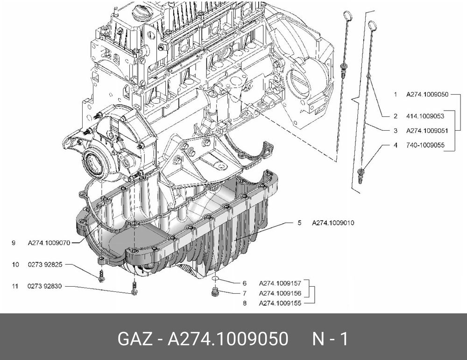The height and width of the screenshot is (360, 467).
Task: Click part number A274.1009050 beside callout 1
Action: tap(427, 95)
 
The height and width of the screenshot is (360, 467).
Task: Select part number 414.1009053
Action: tap(425, 116)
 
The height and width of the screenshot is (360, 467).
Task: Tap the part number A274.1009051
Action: tap(427, 131)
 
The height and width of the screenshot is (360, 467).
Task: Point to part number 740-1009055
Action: tap(425, 145)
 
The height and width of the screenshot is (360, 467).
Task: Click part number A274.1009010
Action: tap(333, 223)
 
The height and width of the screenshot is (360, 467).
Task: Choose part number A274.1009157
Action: tap(280, 283)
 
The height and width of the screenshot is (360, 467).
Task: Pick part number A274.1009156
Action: tap(280, 293)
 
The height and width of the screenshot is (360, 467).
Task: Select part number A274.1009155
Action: tap(280, 303)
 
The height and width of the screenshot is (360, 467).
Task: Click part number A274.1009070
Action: tap(49, 243)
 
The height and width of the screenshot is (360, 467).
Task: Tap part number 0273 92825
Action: tap(45, 264)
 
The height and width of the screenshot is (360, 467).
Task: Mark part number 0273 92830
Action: tap(45, 286)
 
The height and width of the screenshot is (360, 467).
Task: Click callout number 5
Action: tap(299, 223)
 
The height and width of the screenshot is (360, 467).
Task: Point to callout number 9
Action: tap(14, 243)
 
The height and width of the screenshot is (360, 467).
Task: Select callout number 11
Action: tap(15, 286)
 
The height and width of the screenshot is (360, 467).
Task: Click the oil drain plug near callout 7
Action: tap(214, 292)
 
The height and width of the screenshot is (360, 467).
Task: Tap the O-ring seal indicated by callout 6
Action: tap(215, 278)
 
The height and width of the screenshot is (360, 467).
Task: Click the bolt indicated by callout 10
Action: tap(101, 276)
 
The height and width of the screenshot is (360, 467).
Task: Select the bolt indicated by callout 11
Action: tap(134, 289)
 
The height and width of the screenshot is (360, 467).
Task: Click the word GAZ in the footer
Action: tap(135, 339)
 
